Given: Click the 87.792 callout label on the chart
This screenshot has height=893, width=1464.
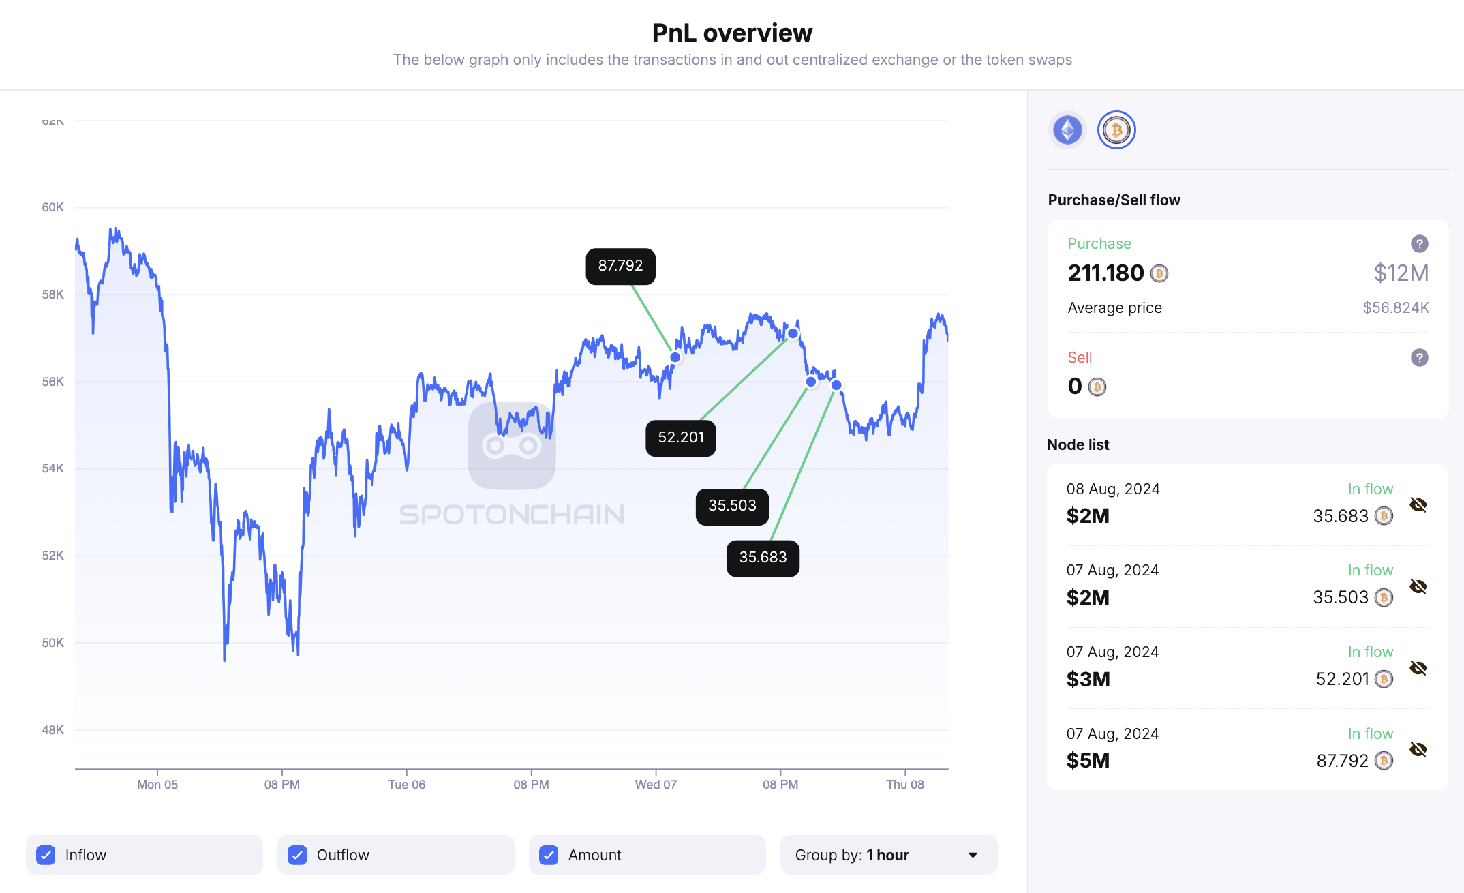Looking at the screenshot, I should click(620, 266).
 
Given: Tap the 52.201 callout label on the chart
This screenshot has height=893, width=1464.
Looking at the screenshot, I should click(680, 438).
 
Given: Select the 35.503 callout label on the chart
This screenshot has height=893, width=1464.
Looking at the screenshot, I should click(732, 506).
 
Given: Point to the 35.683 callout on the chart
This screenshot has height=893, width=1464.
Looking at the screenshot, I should click(763, 558).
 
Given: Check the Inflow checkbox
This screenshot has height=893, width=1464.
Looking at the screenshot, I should click(46, 855).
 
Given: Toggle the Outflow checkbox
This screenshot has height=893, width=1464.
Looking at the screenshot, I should click(297, 855).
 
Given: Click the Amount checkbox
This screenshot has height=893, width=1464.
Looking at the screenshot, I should click(549, 855).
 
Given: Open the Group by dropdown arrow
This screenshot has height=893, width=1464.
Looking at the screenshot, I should click(973, 855).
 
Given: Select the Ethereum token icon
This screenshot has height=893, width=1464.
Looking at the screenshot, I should click(1067, 130).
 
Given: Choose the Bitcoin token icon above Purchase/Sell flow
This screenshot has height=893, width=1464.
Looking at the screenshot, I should click(1116, 130).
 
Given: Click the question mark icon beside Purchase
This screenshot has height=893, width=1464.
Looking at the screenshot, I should click(1419, 243).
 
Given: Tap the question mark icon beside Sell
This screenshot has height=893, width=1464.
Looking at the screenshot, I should click(1419, 357).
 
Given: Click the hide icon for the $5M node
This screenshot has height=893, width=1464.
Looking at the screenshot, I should click(1418, 749).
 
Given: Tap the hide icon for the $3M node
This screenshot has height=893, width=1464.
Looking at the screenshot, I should click(1418, 668).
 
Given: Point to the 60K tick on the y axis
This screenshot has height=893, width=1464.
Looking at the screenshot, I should click(52, 207).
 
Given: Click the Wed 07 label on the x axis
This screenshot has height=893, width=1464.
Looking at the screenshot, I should click(656, 785).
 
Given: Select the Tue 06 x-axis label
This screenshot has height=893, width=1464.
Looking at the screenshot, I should click(406, 785).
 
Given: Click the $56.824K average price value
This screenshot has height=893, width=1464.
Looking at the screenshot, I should click(1395, 308).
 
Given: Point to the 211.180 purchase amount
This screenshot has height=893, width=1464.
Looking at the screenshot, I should click(1105, 273).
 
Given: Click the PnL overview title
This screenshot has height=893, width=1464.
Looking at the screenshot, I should click(732, 33).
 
